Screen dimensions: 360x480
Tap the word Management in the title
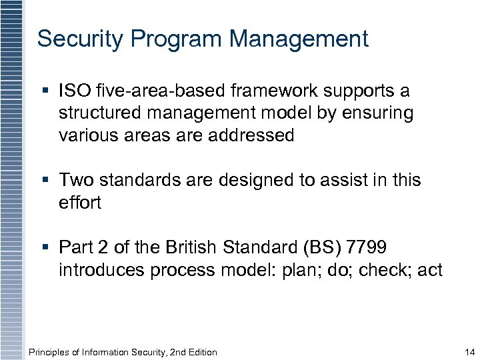click(x=299, y=39)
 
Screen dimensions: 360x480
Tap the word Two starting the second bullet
click(x=76, y=180)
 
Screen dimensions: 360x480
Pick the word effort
click(x=79, y=202)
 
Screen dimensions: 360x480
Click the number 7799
click(x=367, y=248)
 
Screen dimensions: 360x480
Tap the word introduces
click(x=101, y=270)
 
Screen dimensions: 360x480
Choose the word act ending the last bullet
click(x=429, y=270)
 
